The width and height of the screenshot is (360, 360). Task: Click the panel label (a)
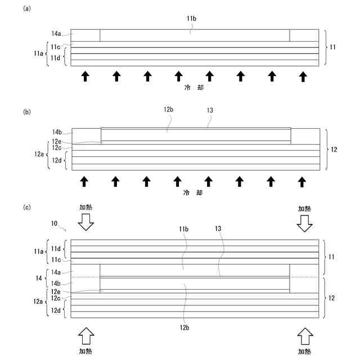click(x=26, y=10)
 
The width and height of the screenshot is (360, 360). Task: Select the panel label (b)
click(x=26, y=112)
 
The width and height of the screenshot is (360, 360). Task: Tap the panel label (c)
click(x=26, y=207)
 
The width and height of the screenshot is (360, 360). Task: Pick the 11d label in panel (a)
click(x=55, y=57)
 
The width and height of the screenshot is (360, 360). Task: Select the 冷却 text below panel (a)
click(x=193, y=88)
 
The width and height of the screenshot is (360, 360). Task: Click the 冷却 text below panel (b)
click(x=193, y=193)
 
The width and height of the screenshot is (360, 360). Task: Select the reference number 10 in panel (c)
click(x=55, y=224)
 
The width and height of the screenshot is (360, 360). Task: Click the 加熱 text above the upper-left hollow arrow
click(x=86, y=208)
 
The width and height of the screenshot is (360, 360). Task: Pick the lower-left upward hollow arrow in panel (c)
click(x=86, y=336)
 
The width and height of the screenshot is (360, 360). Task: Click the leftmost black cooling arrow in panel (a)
click(x=85, y=75)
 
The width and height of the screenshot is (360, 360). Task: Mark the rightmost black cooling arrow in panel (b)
click(x=302, y=181)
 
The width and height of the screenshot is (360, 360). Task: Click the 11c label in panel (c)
click(x=55, y=260)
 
